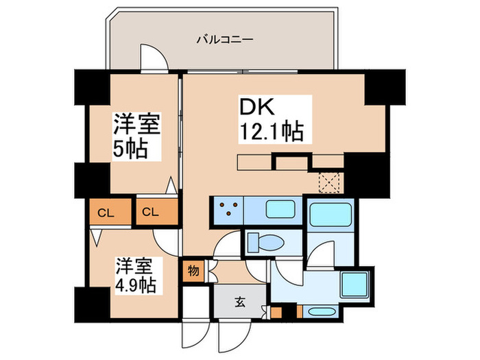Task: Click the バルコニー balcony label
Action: point(225,40)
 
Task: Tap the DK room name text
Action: point(257,107)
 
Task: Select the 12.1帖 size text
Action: point(272,132)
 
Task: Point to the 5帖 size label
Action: point(130,149)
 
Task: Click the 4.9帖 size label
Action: point(136,285)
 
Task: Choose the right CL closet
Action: point(157,211)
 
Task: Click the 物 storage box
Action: point(193,271)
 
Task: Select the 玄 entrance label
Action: point(240,302)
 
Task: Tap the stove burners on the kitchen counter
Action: point(228,208)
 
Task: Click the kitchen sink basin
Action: point(280,209)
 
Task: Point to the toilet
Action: point(265,243)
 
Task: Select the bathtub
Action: point(331,214)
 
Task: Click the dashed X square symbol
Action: point(329,183)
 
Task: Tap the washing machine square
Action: point(355,285)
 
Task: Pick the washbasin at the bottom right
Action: point(320,312)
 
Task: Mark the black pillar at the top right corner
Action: point(385,88)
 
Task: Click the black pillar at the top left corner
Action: point(93,88)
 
